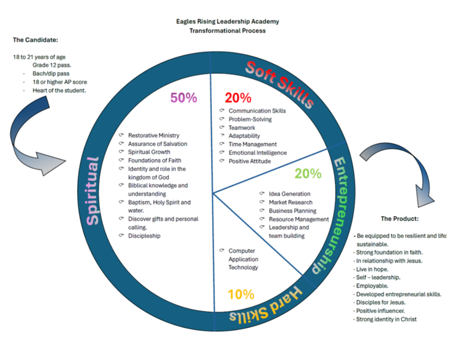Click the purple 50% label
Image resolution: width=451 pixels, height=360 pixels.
(x=183, y=98)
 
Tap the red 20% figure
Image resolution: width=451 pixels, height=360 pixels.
(x=238, y=98)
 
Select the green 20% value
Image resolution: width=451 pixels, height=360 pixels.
(x=308, y=173)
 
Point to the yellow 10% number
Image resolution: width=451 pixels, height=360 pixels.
(x=241, y=294)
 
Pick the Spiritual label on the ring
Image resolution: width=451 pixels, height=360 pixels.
(x=93, y=190)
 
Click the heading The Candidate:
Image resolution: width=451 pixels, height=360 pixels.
(x=35, y=40)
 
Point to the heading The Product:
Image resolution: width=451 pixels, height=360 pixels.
(x=399, y=218)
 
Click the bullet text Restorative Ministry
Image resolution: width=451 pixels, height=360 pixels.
(x=153, y=135)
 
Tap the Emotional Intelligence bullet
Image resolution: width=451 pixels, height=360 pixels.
(x=257, y=153)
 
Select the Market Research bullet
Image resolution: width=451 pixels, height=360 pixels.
(x=290, y=203)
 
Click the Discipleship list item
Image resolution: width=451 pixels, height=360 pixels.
(x=144, y=236)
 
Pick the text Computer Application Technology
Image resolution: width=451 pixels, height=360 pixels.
(x=243, y=259)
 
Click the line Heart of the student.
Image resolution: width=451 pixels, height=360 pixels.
(x=59, y=90)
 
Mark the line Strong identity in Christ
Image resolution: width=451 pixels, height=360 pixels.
(x=386, y=319)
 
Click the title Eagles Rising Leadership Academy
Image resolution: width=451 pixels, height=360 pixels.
(x=228, y=21)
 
